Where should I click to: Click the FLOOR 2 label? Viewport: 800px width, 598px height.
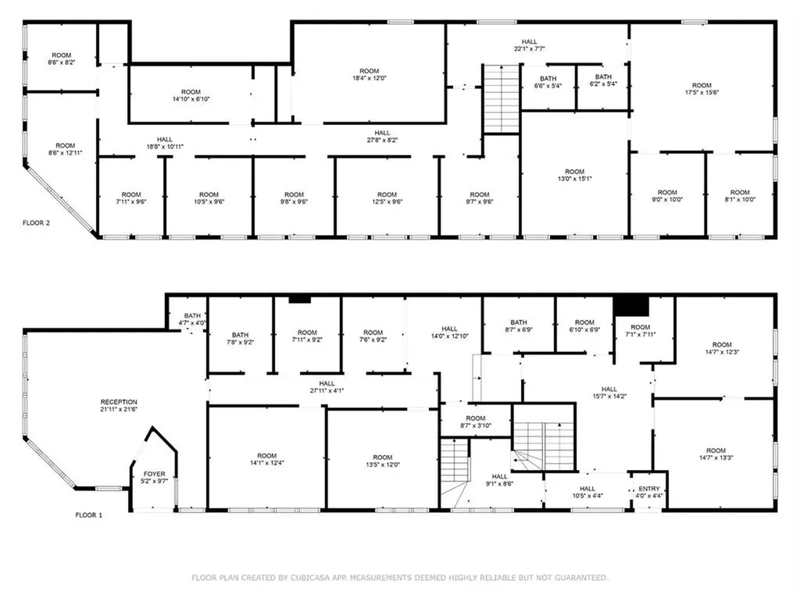point(36,222)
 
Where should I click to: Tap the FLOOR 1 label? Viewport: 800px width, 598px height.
point(89,515)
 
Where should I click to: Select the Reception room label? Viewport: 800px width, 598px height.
point(119,405)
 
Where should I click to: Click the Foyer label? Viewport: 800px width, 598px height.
point(154,477)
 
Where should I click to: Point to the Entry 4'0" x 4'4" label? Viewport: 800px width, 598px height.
point(649,492)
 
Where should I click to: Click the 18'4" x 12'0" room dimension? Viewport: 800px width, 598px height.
point(370,78)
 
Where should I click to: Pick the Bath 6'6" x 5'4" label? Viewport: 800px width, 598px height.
point(548,82)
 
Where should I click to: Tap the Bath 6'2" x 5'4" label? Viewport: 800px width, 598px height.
point(604,80)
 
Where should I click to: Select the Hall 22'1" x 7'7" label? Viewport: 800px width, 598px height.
point(530,45)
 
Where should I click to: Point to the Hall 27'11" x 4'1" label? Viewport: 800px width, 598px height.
point(327,387)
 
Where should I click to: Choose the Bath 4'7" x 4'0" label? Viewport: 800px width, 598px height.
point(192,319)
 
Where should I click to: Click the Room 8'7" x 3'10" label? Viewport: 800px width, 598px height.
point(476,422)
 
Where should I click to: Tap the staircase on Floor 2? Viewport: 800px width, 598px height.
point(501,99)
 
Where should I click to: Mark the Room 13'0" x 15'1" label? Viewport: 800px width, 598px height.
point(574,175)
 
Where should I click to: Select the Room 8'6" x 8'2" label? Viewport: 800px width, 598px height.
point(62,59)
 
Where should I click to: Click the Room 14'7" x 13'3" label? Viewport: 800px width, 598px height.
point(716,454)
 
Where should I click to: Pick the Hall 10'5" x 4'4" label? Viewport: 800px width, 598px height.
point(587,492)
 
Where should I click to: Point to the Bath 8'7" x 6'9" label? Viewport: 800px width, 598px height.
point(519,326)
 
